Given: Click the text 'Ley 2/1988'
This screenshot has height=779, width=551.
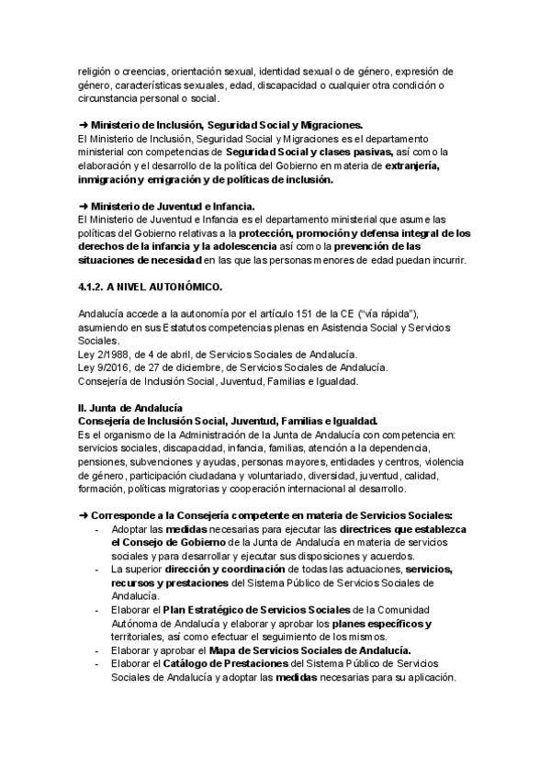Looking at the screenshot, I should click(102, 355).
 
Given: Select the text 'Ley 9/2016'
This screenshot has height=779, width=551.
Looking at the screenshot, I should click(102, 367).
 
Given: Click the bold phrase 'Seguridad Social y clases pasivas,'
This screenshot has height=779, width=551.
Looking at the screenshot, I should click(309, 152).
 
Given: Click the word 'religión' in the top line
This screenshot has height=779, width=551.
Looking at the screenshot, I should click(96, 71).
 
